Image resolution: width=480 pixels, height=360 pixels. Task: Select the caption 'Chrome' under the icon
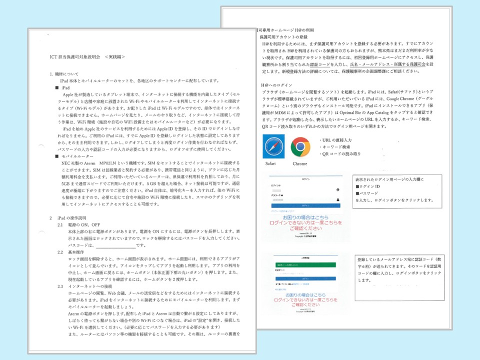pos(300,163)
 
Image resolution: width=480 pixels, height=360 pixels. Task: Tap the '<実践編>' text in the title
pos(114,57)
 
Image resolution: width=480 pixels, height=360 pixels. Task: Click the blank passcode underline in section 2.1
pos(115,246)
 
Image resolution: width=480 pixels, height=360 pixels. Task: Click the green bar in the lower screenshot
pos(305,265)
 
